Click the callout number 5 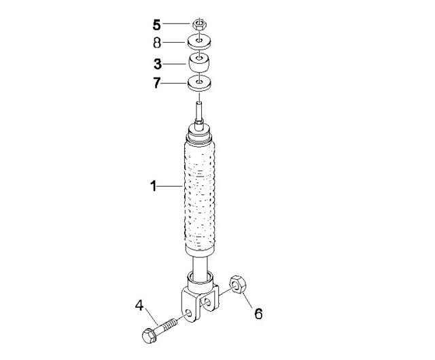coord(157,25)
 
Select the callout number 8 coord(157,43)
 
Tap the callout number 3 coord(158,64)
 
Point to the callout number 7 coord(157,83)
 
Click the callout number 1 coord(154,186)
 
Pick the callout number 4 coord(139,306)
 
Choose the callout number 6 coord(258,314)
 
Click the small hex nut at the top coord(199,24)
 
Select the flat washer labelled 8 coord(199,41)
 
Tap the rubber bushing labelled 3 coord(199,63)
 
